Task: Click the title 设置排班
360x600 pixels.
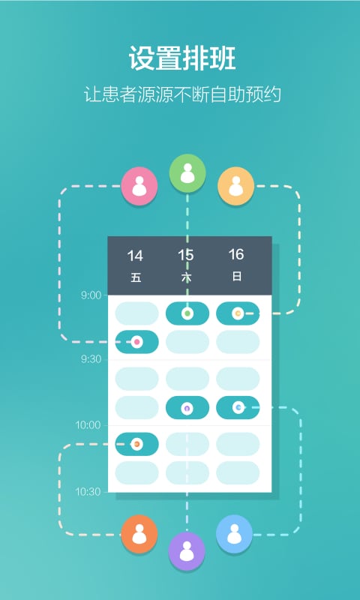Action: pyautogui.click(x=182, y=58)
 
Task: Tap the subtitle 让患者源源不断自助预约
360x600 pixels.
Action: pyautogui.click(x=182, y=94)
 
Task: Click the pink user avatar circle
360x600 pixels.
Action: pyautogui.click(x=139, y=186)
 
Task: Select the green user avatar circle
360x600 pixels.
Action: pyautogui.click(x=187, y=173)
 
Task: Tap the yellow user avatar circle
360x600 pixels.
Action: pyautogui.click(x=236, y=186)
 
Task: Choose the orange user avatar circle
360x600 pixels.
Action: pyautogui.click(x=139, y=534)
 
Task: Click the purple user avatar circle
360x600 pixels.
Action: pyautogui.click(x=187, y=551)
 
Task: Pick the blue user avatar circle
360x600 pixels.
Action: pyautogui.click(x=235, y=534)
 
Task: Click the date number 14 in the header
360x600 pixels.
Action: pyautogui.click(x=135, y=256)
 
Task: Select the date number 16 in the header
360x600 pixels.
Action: pyautogui.click(x=236, y=254)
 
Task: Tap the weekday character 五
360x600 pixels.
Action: pyautogui.click(x=136, y=277)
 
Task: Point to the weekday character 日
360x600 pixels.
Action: pyautogui.click(x=237, y=277)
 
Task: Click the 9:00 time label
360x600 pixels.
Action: pyautogui.click(x=91, y=295)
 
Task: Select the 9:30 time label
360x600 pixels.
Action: pyautogui.click(x=91, y=359)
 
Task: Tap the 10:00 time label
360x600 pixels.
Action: pyautogui.click(x=88, y=425)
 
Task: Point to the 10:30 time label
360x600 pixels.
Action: pyautogui.click(x=88, y=492)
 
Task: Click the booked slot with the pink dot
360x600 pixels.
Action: pyautogui.click(x=137, y=342)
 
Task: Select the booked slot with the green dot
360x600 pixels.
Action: pyautogui.click(x=187, y=313)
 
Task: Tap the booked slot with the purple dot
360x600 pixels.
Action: pyautogui.click(x=187, y=407)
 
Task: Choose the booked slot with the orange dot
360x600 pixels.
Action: pyautogui.click(x=137, y=444)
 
